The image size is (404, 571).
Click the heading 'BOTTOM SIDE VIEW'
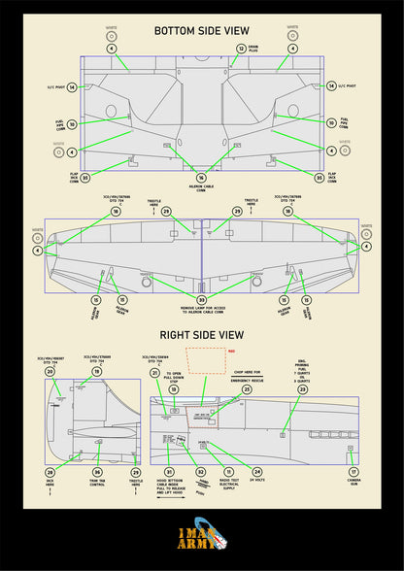(x=201, y=30)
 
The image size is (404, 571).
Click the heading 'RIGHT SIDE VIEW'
(x=201, y=335)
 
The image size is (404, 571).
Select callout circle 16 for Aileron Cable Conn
(x=201, y=178)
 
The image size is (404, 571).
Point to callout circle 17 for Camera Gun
(x=353, y=471)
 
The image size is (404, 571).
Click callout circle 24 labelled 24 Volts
(x=257, y=471)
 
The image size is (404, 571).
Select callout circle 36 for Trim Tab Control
(x=97, y=471)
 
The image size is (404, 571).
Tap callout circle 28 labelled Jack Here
(x=50, y=471)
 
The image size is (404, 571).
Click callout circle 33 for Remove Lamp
(x=201, y=300)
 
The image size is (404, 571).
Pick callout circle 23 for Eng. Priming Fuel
(x=302, y=389)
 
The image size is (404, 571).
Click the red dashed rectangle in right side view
(x=205, y=360)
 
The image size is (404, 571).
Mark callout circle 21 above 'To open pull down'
(x=154, y=372)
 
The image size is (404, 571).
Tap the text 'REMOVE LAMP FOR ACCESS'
(x=201, y=312)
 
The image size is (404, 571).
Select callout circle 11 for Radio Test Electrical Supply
(x=229, y=471)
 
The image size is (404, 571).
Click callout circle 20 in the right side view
(x=50, y=372)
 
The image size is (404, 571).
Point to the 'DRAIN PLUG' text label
(x=253, y=48)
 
